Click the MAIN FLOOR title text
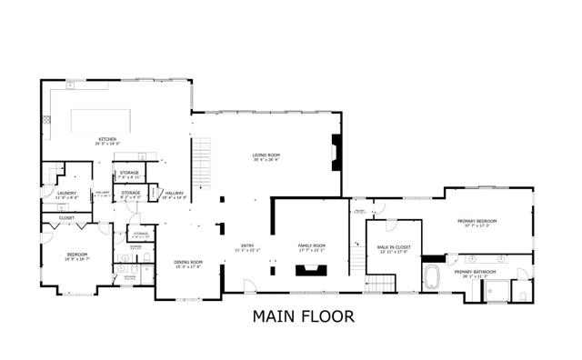291,316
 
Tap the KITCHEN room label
107,139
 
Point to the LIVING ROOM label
266,155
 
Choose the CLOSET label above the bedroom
67,218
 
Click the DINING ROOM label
188,262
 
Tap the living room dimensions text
266,160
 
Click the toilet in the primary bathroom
522,292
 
